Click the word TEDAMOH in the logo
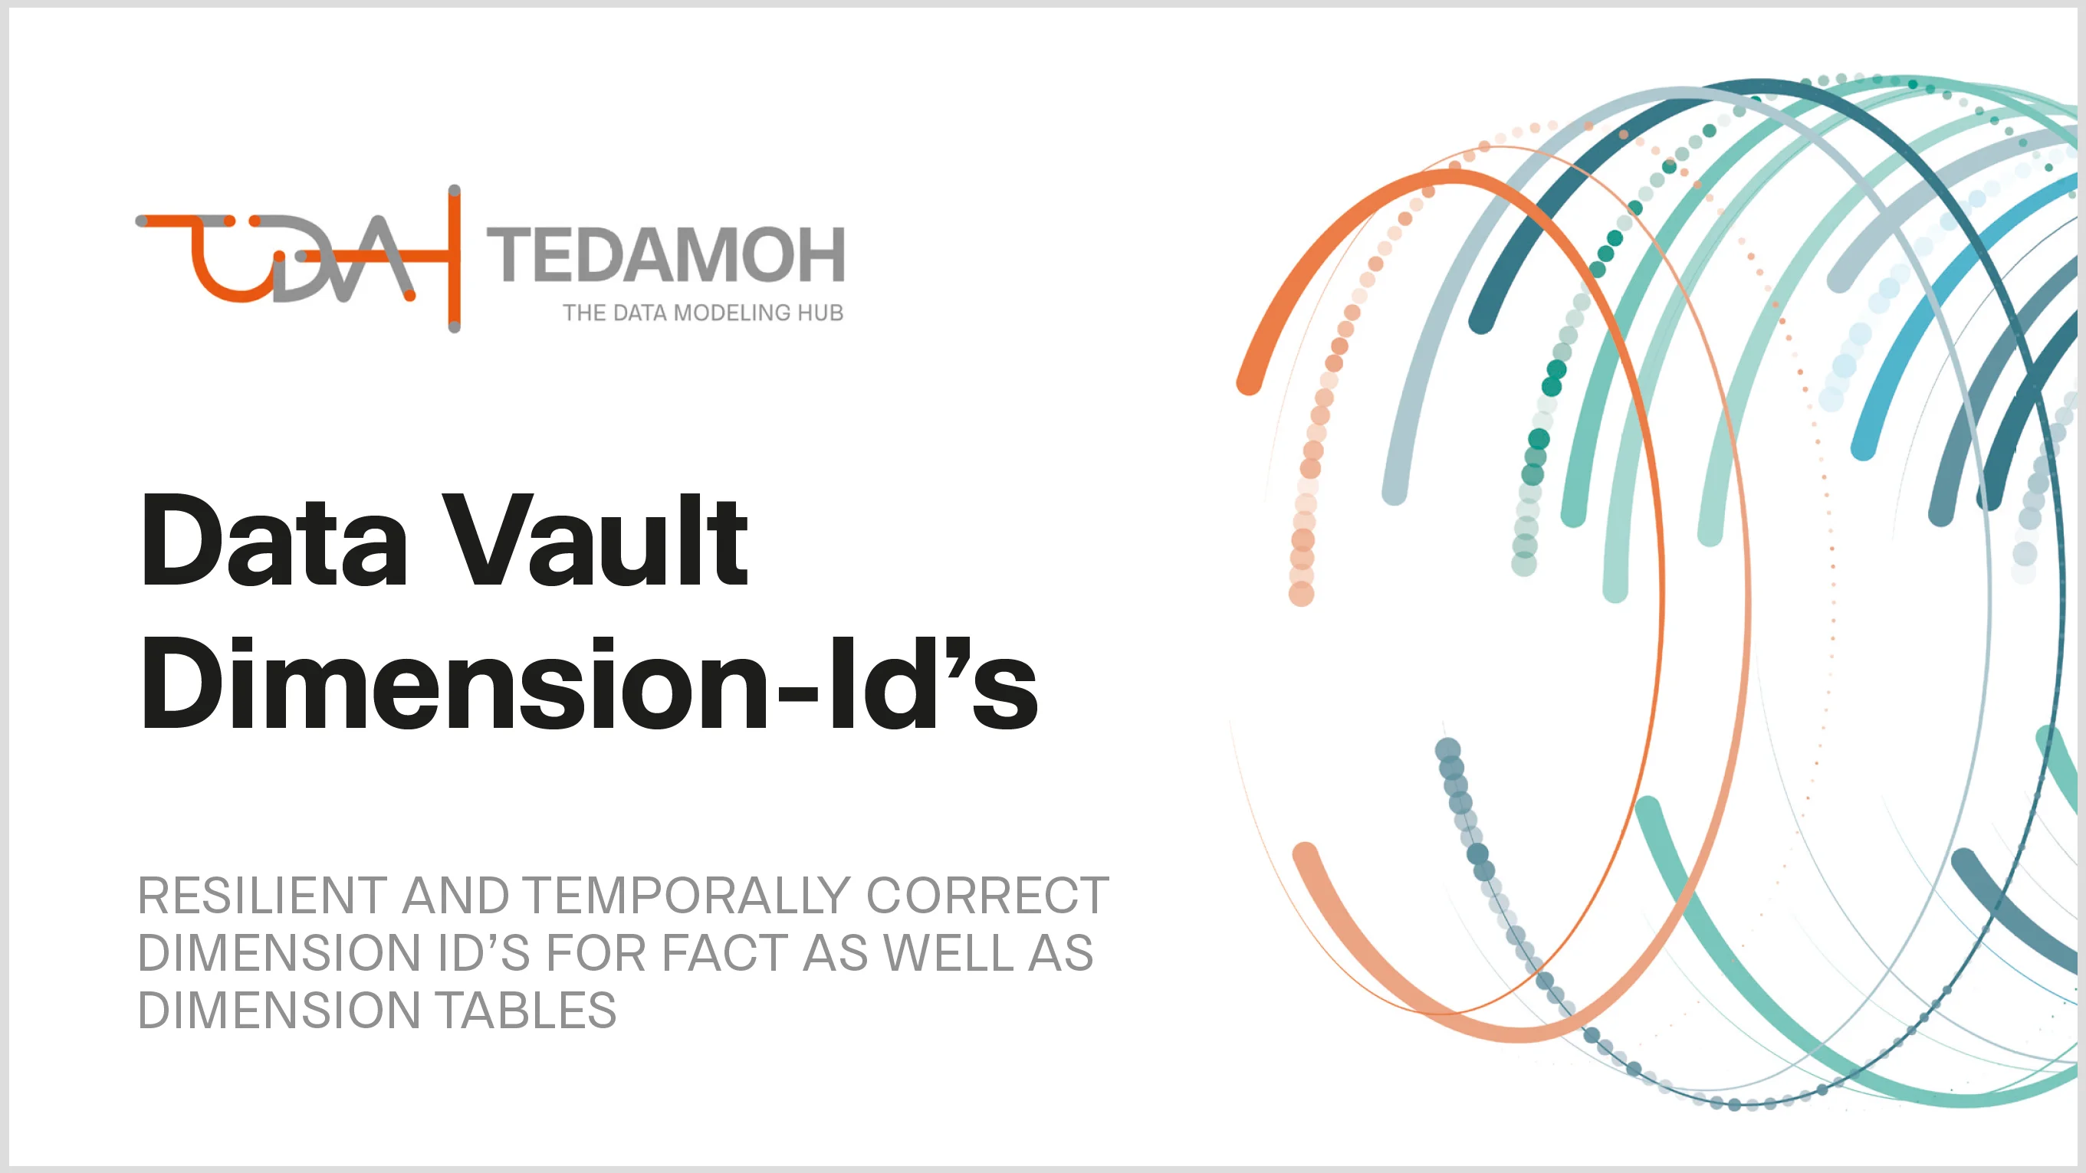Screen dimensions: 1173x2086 coord(665,255)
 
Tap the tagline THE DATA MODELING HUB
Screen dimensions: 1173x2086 coord(703,313)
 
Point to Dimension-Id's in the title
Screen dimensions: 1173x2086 coord(589,684)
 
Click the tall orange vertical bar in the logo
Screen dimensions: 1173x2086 coord(455,259)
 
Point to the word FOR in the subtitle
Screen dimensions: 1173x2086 coord(595,953)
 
